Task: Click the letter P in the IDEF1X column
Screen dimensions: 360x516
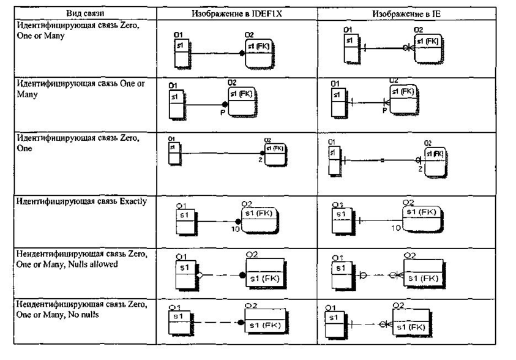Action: coord(223,113)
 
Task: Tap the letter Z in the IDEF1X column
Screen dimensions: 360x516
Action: coord(260,160)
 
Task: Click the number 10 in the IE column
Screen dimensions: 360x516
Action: coord(396,228)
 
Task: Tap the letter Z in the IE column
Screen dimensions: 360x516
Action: coord(420,168)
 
